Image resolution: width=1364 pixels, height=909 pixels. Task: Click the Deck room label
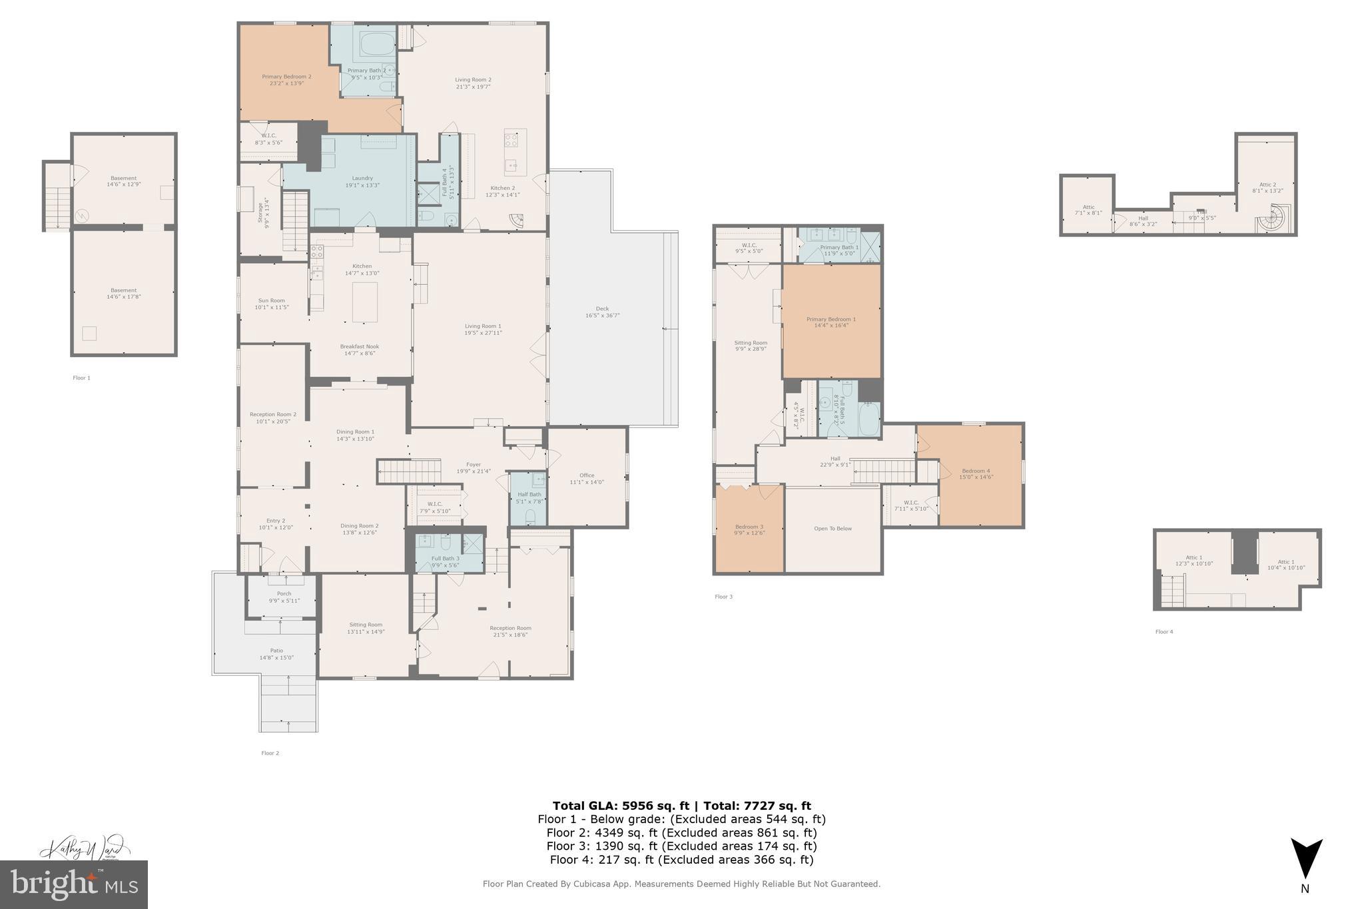point(602,308)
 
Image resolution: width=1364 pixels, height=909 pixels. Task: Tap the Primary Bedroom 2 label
point(286,77)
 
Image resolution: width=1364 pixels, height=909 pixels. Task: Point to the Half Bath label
point(529,494)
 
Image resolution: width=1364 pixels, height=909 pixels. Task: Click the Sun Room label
point(272,300)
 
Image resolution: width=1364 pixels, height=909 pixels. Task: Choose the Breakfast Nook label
point(360,346)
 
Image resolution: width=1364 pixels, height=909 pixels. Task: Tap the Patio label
point(276,651)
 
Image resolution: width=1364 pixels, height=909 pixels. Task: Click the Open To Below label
point(833,529)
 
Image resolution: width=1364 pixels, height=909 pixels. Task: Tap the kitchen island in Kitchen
point(364,302)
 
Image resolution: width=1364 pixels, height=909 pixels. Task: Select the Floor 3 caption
point(723,597)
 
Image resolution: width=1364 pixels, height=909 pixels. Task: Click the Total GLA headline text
point(681,806)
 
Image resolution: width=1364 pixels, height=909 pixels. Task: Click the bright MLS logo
point(74,884)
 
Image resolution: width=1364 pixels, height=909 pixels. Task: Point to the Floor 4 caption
point(1164,631)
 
